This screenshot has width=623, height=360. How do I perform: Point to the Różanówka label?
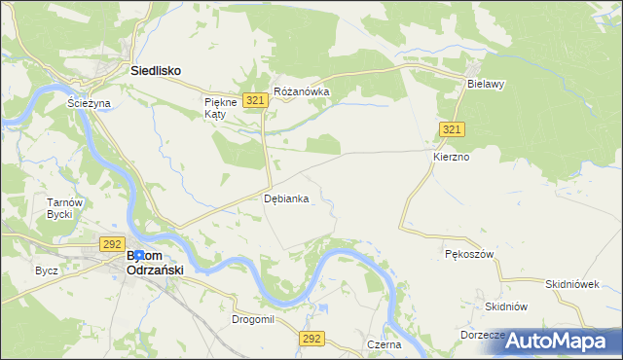pos(302,92)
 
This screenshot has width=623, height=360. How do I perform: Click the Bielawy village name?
pos(485,85)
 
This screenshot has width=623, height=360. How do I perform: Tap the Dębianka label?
pos(286,198)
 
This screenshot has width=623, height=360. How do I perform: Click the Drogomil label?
pos(253,318)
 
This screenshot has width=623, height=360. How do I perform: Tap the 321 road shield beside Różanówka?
pos(256,100)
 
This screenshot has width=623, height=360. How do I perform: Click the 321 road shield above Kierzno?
pos(452,129)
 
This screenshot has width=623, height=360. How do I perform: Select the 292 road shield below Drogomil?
pos(311,338)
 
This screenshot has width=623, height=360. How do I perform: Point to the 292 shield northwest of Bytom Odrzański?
pos(110,245)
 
